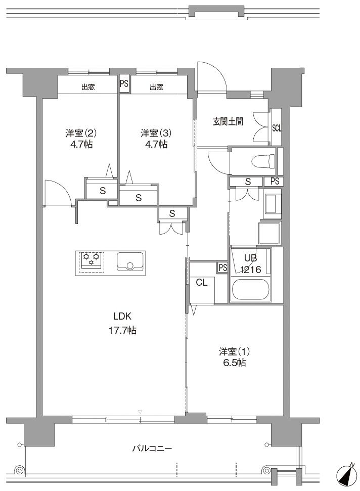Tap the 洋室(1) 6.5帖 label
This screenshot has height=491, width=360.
click(234, 357)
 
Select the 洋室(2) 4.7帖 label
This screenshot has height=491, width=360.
click(81, 139)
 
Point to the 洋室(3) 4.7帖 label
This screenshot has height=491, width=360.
click(156, 139)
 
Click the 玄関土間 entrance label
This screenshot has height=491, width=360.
click(228, 121)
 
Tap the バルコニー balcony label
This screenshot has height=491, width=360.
click(152, 449)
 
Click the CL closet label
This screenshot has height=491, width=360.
click(202, 283)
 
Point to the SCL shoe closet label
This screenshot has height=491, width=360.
click(277, 128)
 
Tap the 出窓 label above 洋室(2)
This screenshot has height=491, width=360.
click(88, 87)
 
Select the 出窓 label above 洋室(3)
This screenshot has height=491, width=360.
click(156, 87)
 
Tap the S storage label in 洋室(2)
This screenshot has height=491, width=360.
click(102, 191)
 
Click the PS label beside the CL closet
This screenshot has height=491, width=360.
click(222, 267)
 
